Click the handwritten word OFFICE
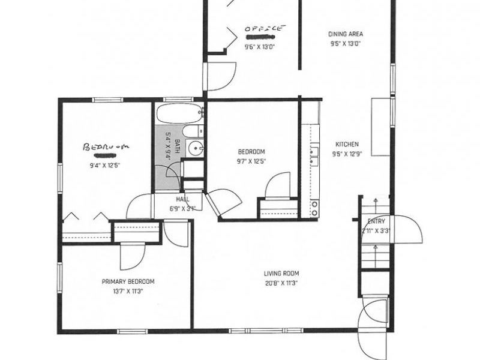pos(263,28)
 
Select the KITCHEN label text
pos(347,144)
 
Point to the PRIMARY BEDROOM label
pos(128,281)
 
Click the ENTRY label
pos(376,221)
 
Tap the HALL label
pos(183,199)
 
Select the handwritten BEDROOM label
pos(106,146)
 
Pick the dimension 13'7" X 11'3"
pos(128,291)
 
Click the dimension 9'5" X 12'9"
pos(347,154)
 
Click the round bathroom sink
pos(194,148)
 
